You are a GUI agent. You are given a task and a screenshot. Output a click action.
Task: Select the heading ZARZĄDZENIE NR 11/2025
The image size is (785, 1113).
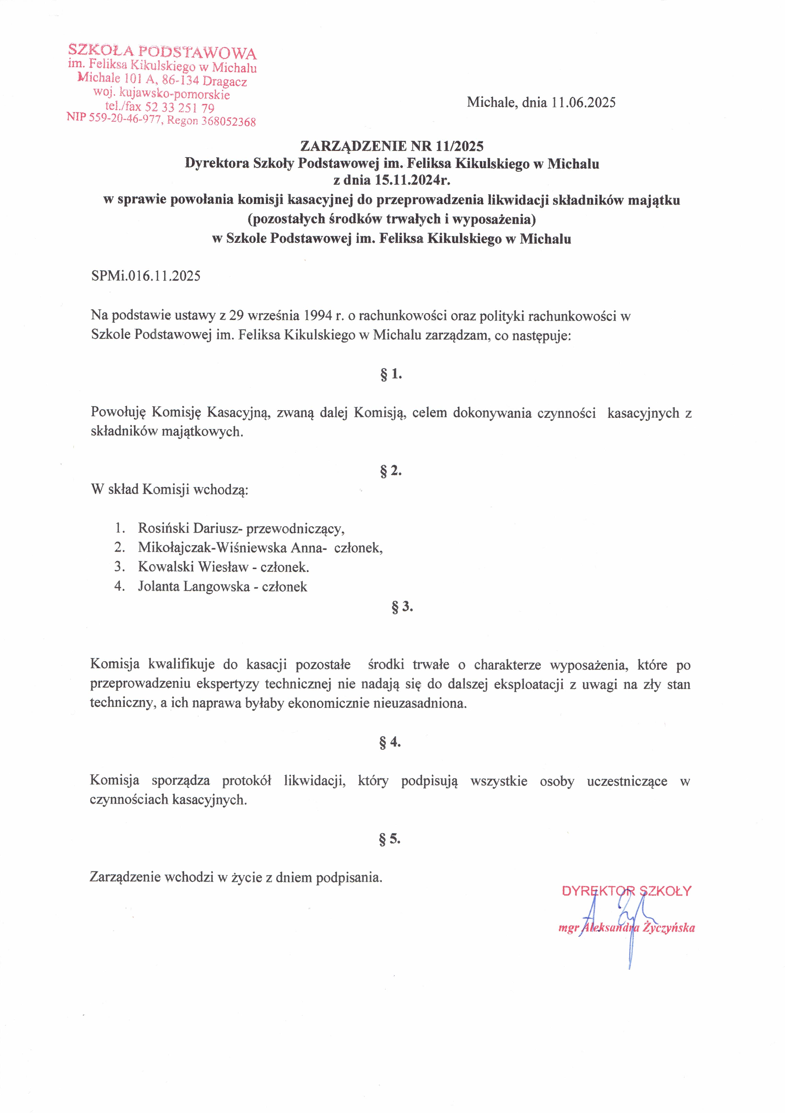(392, 146)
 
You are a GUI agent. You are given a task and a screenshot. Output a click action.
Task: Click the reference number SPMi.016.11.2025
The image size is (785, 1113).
(145, 276)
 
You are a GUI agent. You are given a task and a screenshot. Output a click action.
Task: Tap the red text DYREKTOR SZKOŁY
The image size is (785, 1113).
(627, 891)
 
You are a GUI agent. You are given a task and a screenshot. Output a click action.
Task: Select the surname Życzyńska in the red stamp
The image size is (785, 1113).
(669, 928)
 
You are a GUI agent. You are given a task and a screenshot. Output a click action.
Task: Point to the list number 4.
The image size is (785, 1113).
(119, 586)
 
